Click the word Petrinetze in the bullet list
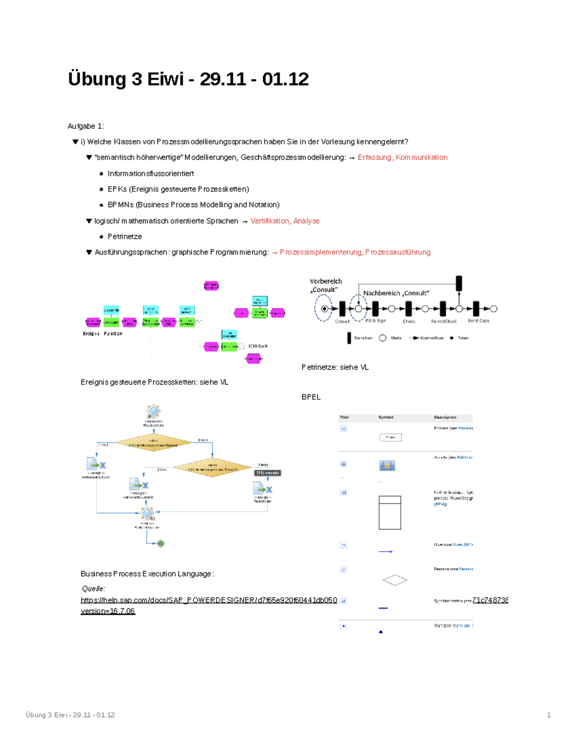124,237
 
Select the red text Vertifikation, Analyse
285,221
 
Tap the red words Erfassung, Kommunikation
402,157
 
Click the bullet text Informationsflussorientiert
151,173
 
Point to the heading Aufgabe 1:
86,126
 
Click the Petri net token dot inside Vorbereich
324,308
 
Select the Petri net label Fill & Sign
375,320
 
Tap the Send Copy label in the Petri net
478,320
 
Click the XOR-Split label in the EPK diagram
258,346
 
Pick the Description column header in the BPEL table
445,417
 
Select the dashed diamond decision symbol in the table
395,580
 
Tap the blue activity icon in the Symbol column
387,465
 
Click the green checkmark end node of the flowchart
161,544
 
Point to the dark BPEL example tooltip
267,473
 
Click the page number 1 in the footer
549,715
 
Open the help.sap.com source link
209,600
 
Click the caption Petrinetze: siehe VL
335,367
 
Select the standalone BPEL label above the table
311,397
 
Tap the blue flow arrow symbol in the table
385,552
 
